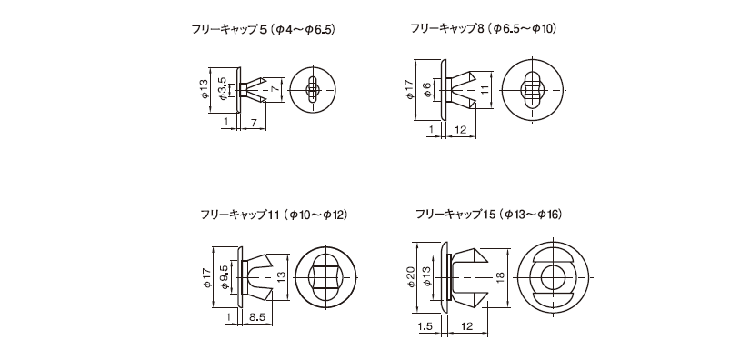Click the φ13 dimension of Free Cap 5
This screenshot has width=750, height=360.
click(205, 89)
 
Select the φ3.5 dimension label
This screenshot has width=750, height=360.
click(222, 89)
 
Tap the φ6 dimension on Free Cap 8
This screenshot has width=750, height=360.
click(427, 89)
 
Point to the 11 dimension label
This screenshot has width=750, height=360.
click(485, 90)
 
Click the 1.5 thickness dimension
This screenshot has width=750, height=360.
click(425, 326)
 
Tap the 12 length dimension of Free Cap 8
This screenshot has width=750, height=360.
click(461, 129)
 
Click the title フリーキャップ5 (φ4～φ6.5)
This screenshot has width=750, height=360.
click(263, 29)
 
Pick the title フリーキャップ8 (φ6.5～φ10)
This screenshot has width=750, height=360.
click(483, 29)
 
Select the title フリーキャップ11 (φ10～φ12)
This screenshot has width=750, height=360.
click(274, 215)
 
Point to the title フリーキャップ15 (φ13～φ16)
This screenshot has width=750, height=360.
click(488, 215)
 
